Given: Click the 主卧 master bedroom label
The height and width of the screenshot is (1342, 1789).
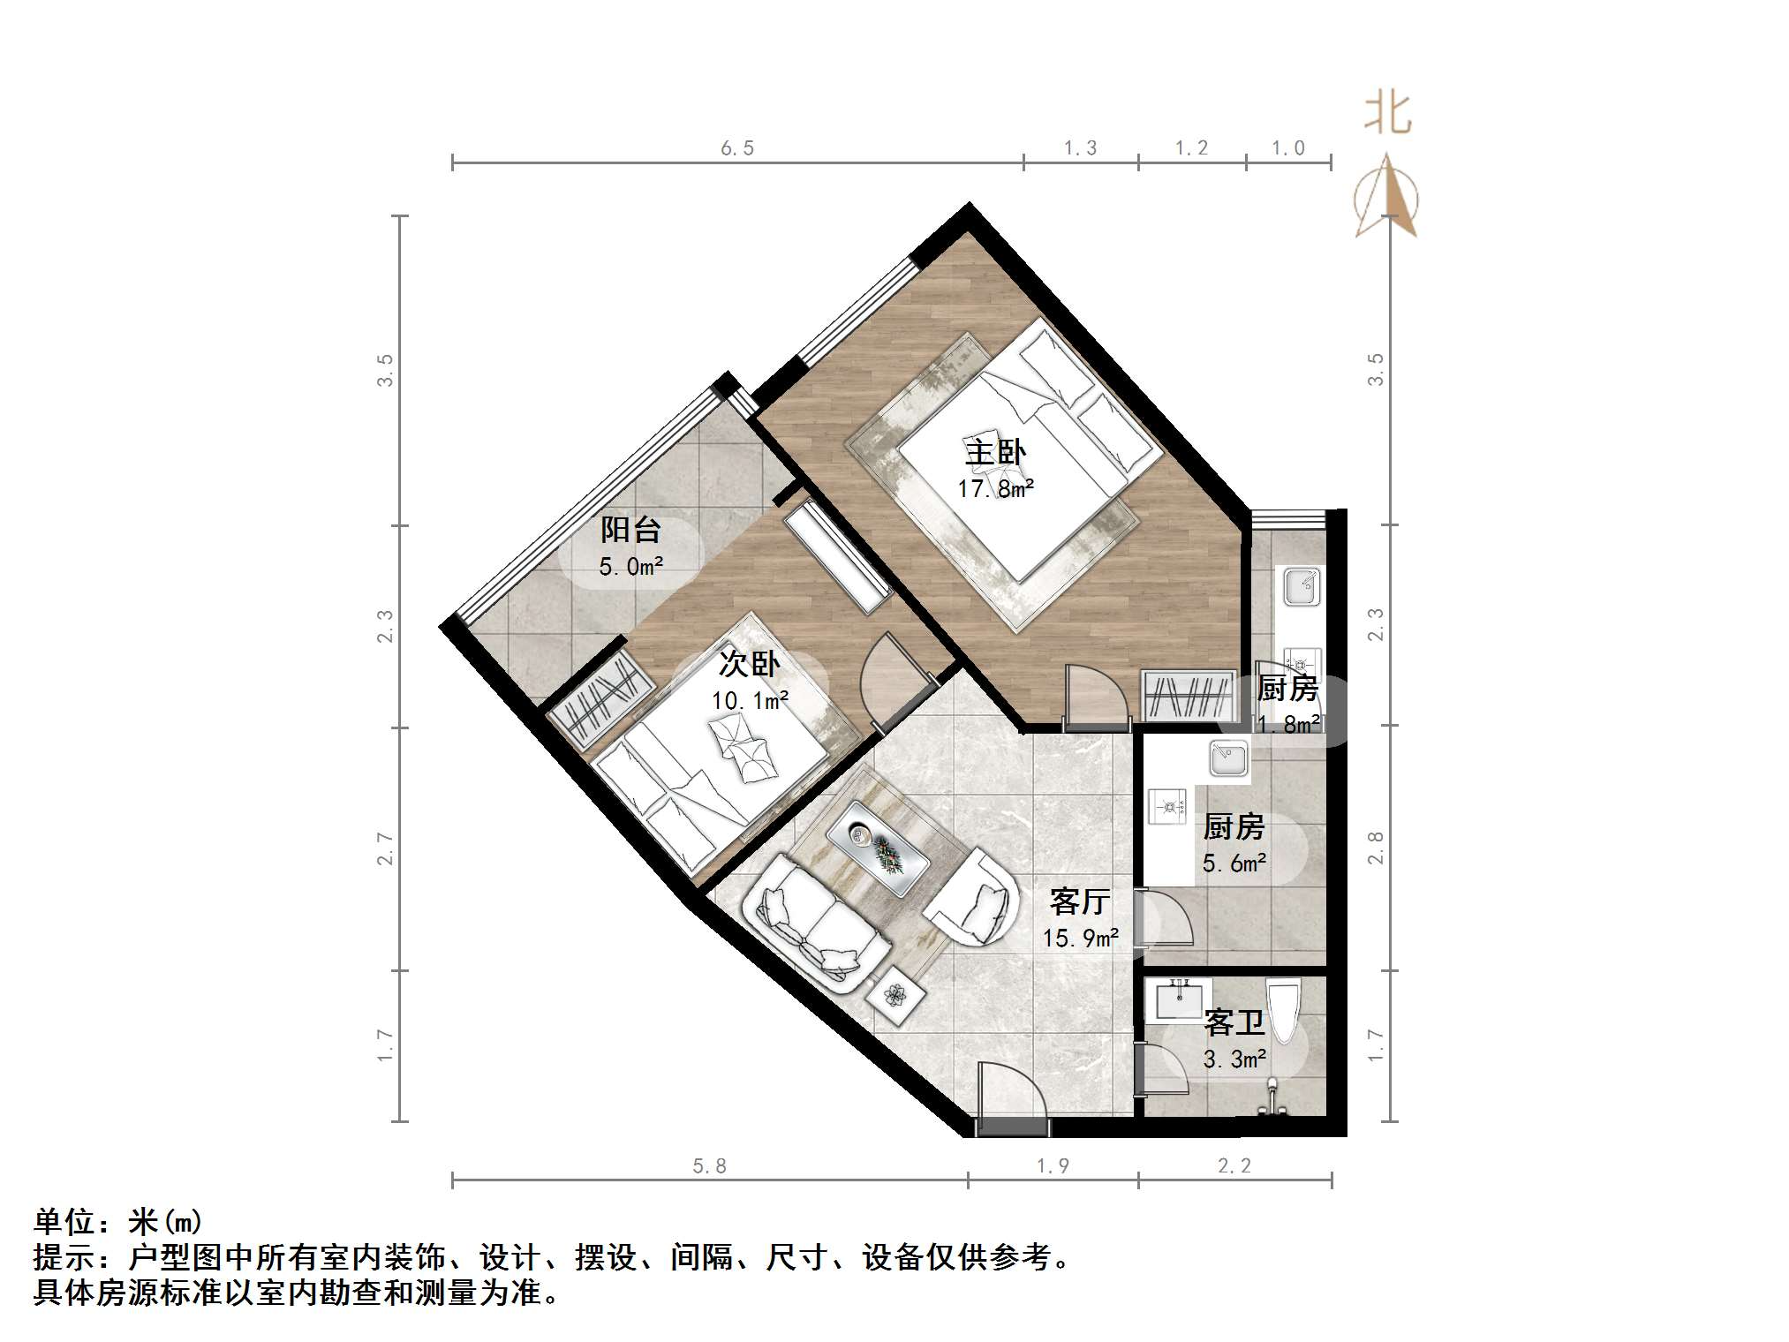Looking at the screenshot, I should [995, 453].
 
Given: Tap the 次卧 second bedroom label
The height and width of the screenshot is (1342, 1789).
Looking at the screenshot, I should [749, 664].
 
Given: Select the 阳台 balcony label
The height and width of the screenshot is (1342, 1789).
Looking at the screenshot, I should [630, 530].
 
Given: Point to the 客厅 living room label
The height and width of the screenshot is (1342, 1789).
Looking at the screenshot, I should [1079, 901].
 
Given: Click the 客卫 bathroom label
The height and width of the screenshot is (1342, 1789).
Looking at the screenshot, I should [1234, 1023].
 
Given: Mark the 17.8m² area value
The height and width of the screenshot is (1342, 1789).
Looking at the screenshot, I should [995, 488].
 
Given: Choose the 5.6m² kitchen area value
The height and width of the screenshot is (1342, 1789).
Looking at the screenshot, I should [1234, 863].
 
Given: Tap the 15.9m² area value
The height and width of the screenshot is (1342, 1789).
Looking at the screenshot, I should [1080, 938].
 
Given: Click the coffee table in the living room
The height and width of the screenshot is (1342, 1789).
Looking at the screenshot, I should [878, 848].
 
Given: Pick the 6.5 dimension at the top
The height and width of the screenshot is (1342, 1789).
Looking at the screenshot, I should [737, 148].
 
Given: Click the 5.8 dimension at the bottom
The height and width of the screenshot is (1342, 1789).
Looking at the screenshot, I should [709, 1166].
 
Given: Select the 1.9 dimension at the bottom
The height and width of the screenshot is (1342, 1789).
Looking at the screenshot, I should [1053, 1166].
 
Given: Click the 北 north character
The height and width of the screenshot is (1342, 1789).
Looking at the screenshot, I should [1387, 115].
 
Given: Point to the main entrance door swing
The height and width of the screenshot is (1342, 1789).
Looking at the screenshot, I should [1011, 1095].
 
